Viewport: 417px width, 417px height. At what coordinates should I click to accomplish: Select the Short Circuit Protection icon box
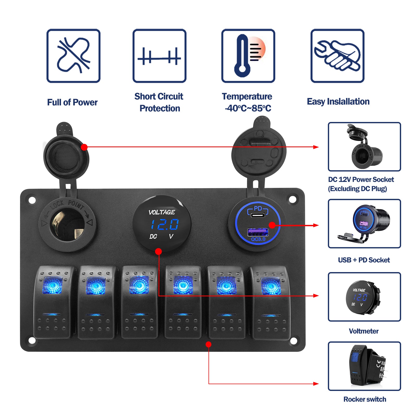[x=159, y=56]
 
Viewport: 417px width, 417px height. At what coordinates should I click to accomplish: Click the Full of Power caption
[x=72, y=102]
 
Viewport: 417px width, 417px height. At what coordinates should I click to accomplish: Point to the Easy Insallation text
[x=338, y=102]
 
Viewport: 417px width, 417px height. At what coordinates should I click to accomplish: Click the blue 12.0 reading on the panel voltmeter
[x=165, y=224]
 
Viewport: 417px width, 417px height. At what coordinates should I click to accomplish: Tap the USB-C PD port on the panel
[x=257, y=215]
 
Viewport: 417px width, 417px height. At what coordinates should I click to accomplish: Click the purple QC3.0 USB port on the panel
[x=257, y=231]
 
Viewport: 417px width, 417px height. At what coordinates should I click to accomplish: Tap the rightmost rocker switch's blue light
[x=271, y=286]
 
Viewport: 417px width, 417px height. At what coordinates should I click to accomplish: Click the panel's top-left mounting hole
[x=32, y=200]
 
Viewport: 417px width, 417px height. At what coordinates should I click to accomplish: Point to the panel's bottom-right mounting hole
[x=293, y=341]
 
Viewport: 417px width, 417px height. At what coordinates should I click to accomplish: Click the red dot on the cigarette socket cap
[x=84, y=147]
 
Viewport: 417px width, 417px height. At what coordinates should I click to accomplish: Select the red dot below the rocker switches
[x=208, y=345]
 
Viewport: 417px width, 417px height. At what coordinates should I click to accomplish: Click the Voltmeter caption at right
[x=364, y=331]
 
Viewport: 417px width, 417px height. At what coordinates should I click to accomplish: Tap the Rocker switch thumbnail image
[x=364, y=366]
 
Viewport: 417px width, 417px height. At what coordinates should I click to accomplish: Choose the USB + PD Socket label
[x=364, y=260]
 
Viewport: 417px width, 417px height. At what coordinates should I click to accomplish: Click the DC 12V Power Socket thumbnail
[x=364, y=147]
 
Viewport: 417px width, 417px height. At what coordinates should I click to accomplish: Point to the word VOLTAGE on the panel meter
[x=162, y=212]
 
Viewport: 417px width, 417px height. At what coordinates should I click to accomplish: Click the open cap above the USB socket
[x=259, y=151]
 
